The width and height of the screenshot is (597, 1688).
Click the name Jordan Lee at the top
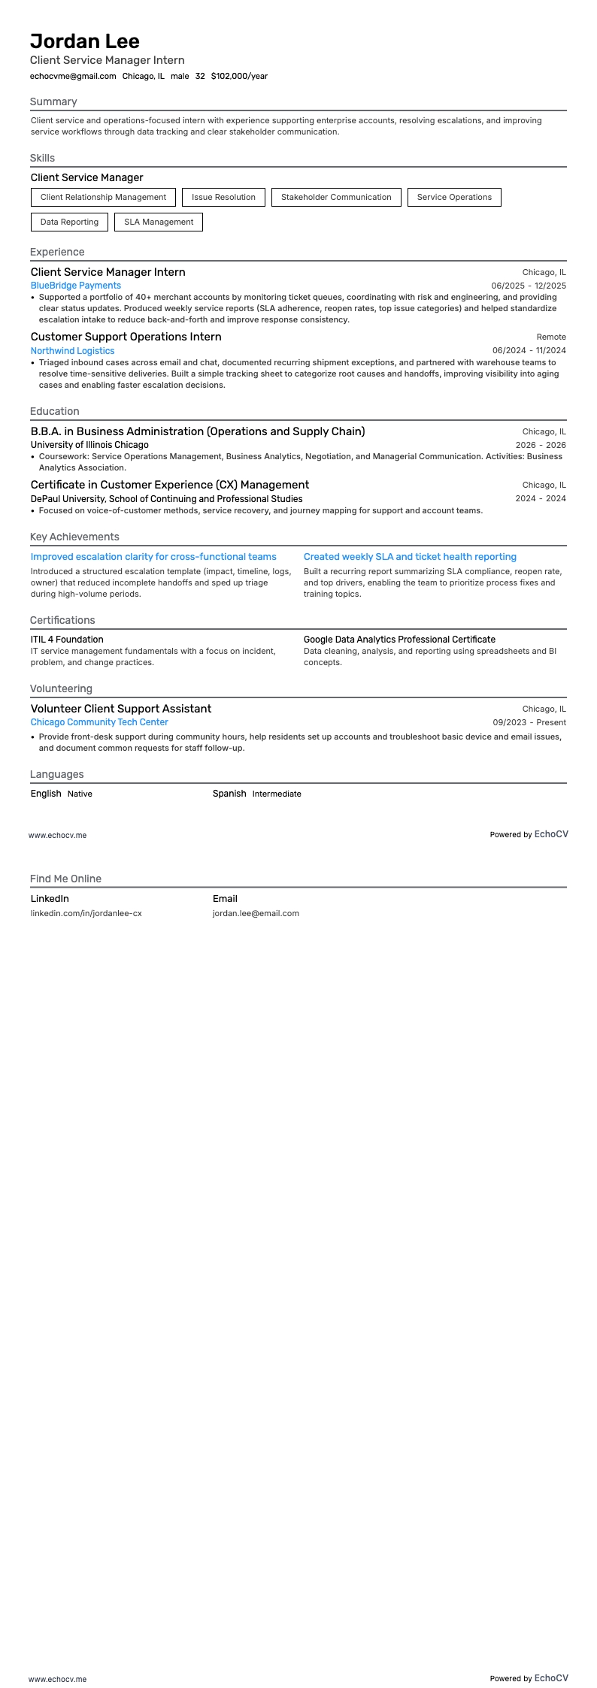(85, 41)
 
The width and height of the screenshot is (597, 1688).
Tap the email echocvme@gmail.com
(73, 76)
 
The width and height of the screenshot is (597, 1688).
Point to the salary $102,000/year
(239, 76)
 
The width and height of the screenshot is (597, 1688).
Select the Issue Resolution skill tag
(223, 197)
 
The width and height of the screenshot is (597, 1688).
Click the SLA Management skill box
(159, 222)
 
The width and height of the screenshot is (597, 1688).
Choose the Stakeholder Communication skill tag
(336, 197)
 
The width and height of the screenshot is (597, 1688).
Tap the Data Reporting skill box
(69, 222)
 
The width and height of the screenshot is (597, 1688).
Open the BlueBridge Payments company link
(75, 286)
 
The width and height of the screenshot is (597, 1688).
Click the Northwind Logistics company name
(72, 351)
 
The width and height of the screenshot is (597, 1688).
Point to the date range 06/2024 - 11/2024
(529, 351)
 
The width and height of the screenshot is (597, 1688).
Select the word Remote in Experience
(551, 337)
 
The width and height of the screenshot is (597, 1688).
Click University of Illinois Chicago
(89, 445)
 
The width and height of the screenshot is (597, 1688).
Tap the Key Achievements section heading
(74, 537)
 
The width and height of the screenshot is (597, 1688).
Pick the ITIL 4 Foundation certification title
(67, 640)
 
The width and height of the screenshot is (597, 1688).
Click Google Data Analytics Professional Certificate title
(399, 640)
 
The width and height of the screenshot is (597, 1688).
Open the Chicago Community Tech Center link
(99, 722)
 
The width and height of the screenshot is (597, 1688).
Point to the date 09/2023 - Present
(529, 722)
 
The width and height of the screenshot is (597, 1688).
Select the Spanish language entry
(229, 794)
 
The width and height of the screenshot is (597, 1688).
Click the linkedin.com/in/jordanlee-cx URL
(86, 913)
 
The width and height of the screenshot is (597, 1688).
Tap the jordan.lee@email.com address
(256, 913)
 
